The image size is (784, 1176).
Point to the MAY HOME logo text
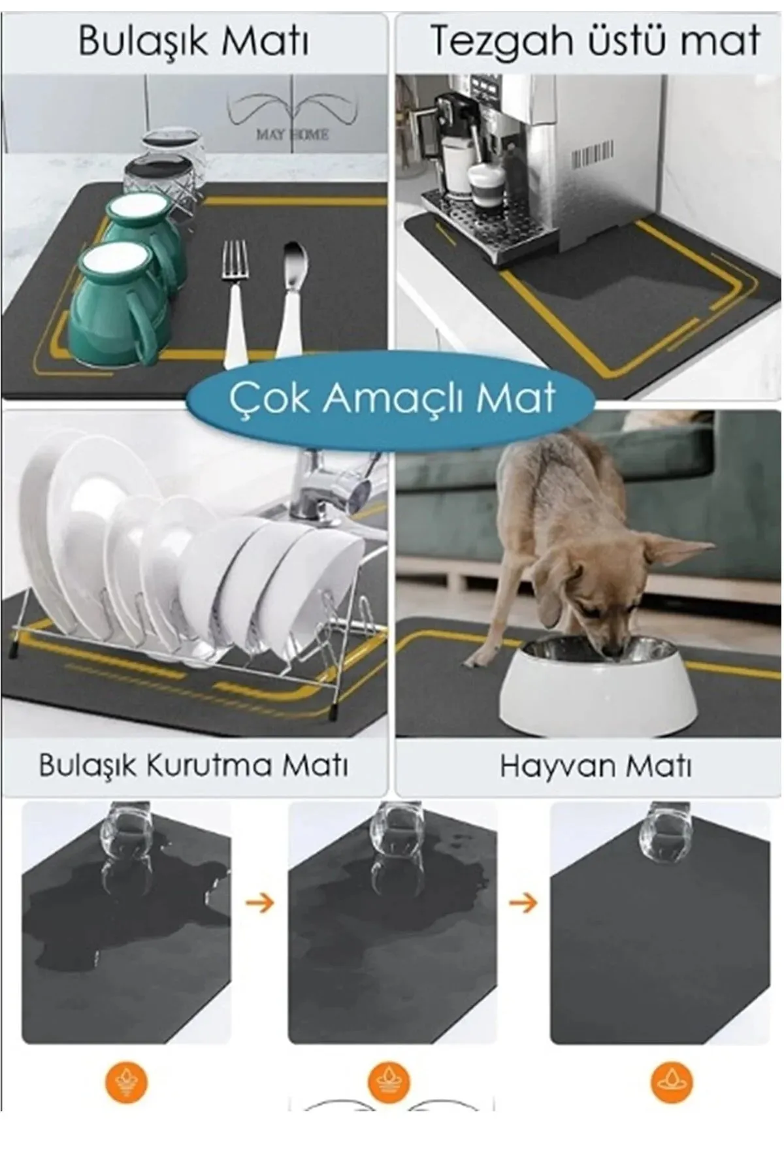point(292,135)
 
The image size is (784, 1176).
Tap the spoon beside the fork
point(291,294)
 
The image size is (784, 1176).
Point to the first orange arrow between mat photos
point(259,904)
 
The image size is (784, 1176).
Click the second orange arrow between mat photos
point(523,904)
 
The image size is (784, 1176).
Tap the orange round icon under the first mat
point(126,1082)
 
